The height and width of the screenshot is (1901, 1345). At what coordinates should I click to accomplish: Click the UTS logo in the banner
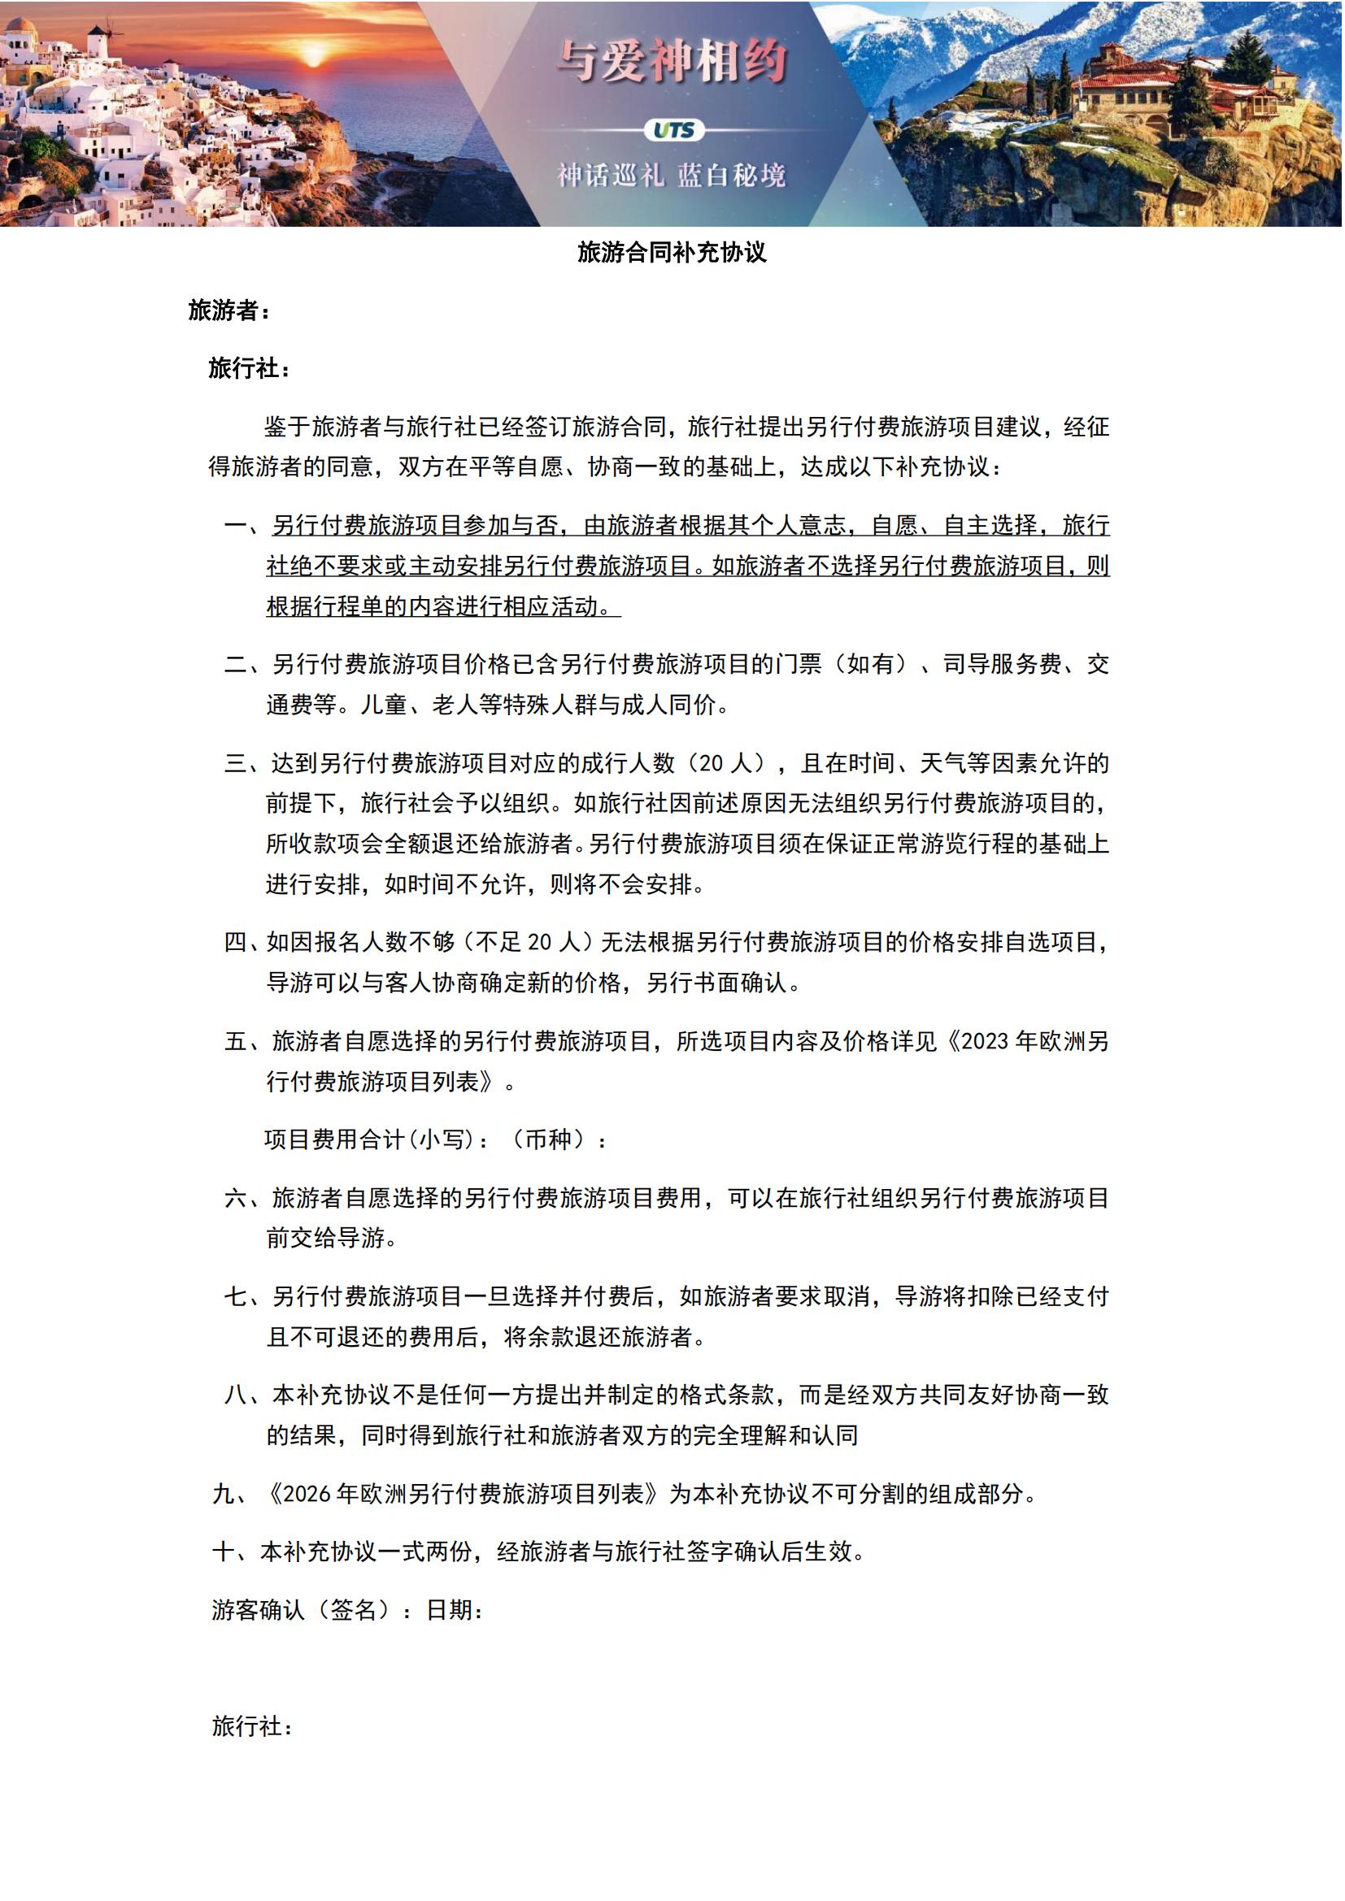[673, 130]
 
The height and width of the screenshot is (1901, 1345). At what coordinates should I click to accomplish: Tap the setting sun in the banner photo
[313, 54]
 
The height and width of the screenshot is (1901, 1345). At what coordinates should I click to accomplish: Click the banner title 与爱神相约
[672, 62]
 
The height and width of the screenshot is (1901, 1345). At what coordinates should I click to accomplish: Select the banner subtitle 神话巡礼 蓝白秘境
[672, 176]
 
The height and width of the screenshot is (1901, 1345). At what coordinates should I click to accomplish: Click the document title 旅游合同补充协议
[672, 253]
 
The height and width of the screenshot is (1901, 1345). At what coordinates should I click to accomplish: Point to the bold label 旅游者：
[229, 310]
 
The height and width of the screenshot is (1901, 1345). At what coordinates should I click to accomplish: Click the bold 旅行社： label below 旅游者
[250, 368]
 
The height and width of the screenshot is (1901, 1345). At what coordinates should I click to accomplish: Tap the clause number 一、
[246, 526]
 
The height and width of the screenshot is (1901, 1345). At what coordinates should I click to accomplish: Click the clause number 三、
[246, 763]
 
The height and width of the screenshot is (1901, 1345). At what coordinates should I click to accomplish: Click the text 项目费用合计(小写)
[377, 1140]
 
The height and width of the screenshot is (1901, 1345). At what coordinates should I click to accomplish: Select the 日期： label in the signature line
[455, 1609]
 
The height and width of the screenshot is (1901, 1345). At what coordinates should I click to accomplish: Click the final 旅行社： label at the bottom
[253, 1725]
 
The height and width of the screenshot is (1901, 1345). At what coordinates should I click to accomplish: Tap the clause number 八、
[246, 1395]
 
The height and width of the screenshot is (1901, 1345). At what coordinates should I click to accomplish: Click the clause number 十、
[233, 1552]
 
